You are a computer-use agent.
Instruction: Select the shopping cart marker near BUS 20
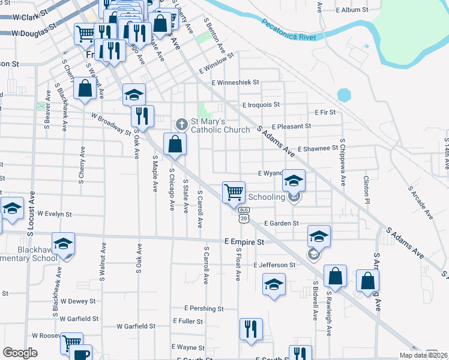(x=234, y=192)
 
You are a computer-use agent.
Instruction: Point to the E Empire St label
(x=244, y=242)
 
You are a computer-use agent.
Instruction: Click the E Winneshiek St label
(x=235, y=82)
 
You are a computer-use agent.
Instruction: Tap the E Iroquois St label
(x=261, y=104)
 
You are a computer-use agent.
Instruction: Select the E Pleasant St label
(x=291, y=127)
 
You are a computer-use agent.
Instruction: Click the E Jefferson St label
(x=274, y=265)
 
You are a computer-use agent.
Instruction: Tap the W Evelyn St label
(x=54, y=213)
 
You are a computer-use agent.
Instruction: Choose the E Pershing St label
(x=204, y=308)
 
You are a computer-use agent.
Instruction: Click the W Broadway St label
(x=111, y=124)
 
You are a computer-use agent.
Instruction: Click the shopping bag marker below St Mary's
(x=175, y=144)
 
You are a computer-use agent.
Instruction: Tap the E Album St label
(x=352, y=10)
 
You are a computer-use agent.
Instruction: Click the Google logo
(x=20, y=353)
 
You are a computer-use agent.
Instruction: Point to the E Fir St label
(x=325, y=112)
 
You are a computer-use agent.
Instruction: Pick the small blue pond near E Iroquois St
(x=344, y=95)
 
